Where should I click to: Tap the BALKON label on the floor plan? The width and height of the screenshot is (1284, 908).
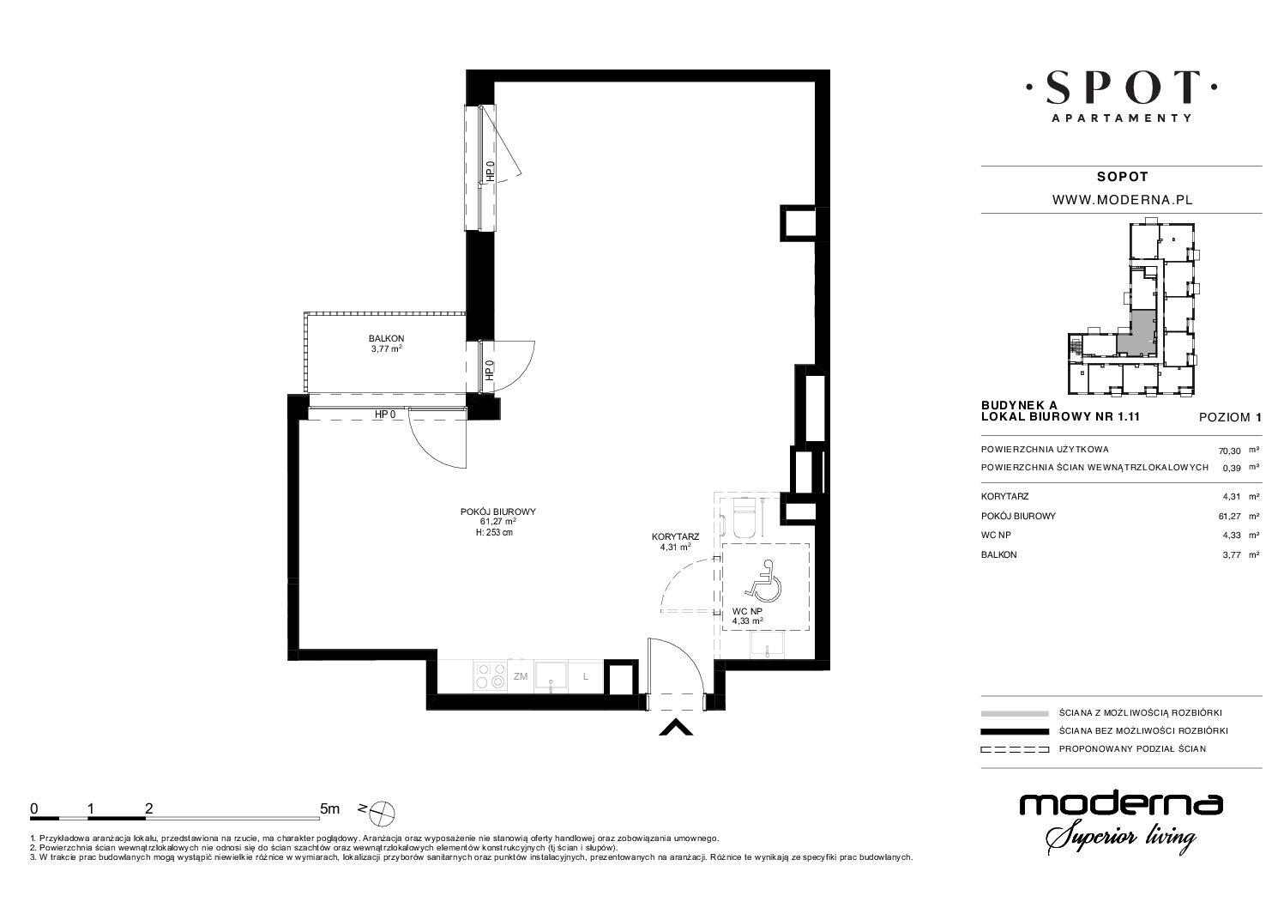tap(386, 338)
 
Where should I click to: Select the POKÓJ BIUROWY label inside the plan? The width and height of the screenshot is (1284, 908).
tap(497, 512)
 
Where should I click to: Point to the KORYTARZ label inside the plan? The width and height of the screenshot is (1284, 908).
tap(675, 537)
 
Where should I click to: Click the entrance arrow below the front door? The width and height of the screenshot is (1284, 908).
tap(676, 727)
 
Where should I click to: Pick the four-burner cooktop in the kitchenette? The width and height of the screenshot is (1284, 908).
tap(491, 675)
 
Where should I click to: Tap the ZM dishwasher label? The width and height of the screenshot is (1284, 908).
tap(521, 676)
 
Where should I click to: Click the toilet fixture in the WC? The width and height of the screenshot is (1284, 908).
tap(745, 518)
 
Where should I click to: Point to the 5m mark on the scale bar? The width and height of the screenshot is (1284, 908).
tap(329, 808)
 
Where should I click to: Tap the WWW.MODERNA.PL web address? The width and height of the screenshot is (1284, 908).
tap(1122, 200)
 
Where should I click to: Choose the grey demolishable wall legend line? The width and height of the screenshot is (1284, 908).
tap(1015, 713)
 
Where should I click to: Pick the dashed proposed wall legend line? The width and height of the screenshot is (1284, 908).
tap(1015, 749)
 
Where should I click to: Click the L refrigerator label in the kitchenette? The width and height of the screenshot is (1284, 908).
tap(586, 676)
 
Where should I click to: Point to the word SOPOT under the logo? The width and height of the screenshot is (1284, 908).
tap(1122, 177)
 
